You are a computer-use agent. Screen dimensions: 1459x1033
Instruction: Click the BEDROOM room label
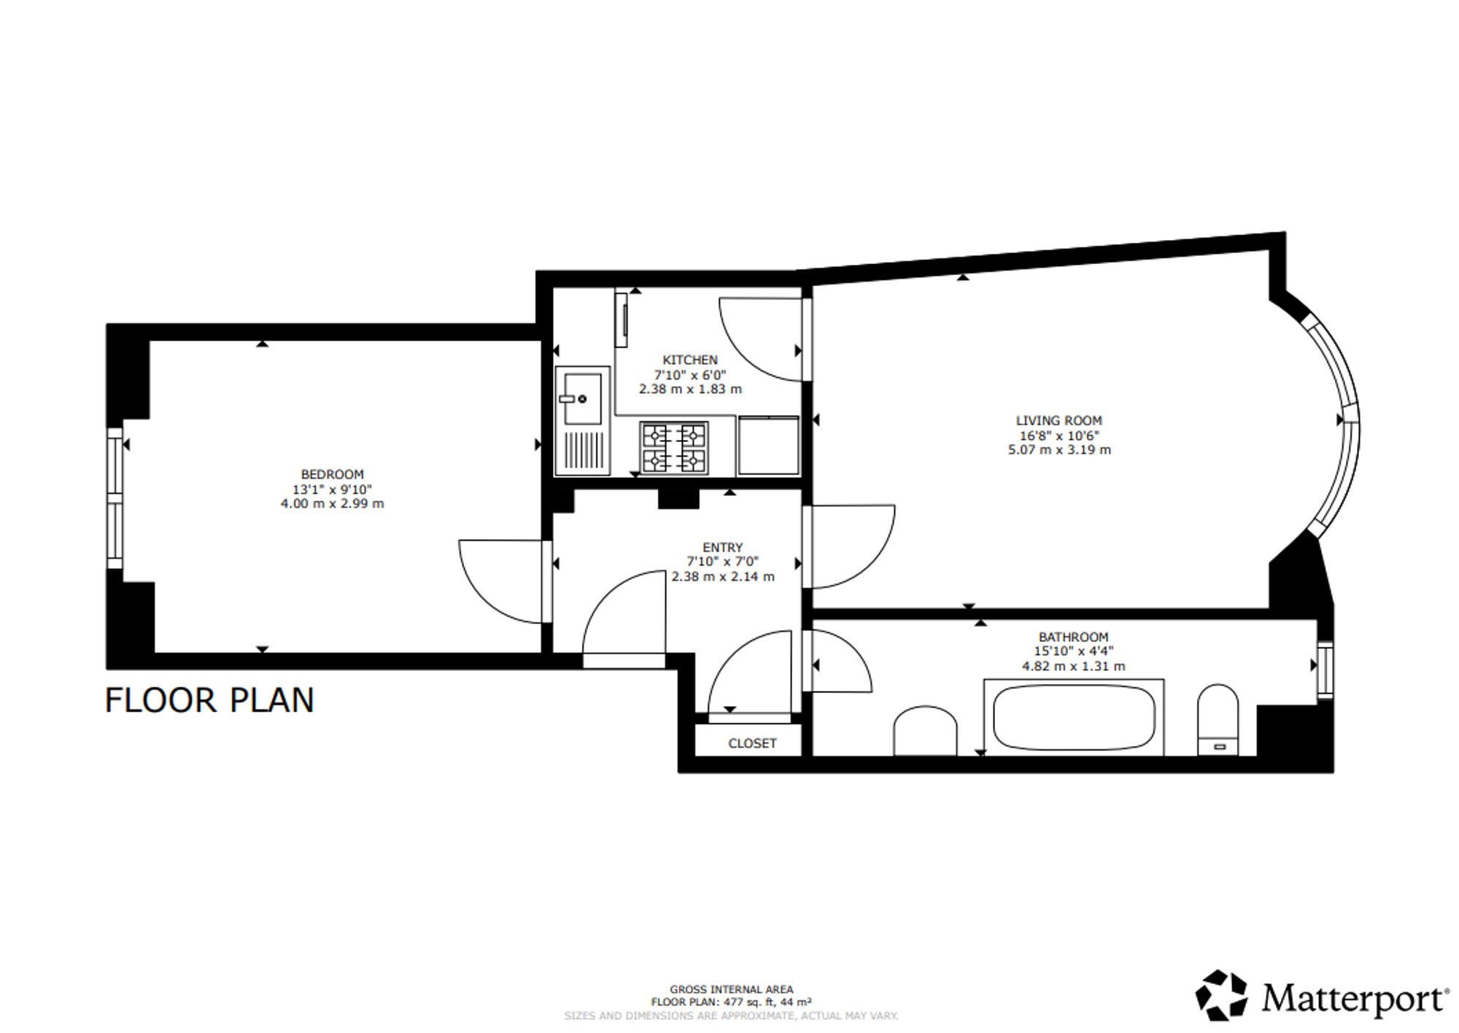tap(332, 474)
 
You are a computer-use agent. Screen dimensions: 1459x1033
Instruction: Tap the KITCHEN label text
tap(690, 360)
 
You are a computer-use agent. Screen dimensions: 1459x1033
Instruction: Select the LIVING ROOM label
tap(1059, 420)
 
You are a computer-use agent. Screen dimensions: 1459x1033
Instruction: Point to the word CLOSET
tap(752, 743)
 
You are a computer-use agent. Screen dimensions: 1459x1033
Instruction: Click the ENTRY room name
tap(722, 547)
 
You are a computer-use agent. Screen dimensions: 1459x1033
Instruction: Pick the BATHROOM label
tap(1073, 637)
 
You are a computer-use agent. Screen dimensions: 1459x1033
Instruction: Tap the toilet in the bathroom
tap(1218, 719)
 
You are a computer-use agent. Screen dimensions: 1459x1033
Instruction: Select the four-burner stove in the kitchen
tap(673, 447)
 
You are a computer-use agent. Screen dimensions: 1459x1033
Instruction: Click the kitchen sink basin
tap(581, 399)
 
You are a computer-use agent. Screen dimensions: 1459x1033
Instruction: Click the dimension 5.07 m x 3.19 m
tap(1059, 450)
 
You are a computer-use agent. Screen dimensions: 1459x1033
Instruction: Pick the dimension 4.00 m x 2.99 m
tap(332, 504)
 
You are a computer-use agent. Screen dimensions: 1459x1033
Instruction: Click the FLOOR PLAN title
tap(209, 700)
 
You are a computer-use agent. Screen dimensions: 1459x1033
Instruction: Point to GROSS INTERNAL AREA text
tap(731, 990)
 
